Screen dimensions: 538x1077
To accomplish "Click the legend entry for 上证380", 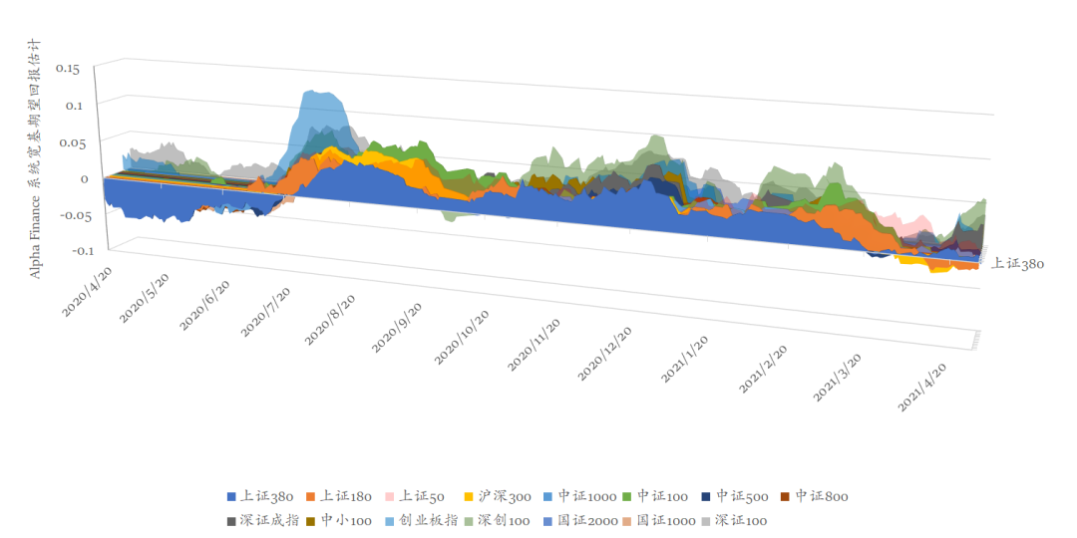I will point(259,496).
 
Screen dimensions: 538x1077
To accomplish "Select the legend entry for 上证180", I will point(338,496).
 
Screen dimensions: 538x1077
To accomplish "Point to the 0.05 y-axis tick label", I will point(68,142).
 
